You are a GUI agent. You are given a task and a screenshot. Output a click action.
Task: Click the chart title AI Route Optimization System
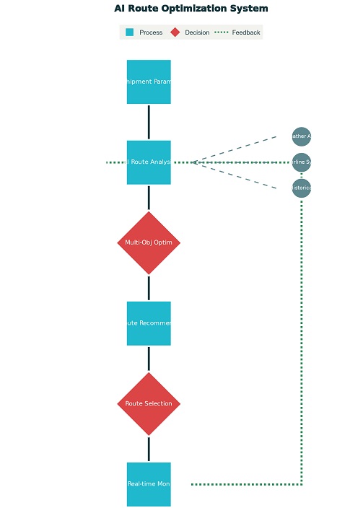click(191, 9)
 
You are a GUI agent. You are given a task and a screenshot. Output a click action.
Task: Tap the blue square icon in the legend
click(130, 32)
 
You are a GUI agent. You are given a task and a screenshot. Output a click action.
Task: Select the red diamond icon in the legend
click(175, 32)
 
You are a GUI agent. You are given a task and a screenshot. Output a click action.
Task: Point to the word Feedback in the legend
click(246, 32)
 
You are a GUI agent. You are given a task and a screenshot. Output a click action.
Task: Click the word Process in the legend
click(151, 32)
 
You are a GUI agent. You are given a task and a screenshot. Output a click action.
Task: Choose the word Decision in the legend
click(197, 32)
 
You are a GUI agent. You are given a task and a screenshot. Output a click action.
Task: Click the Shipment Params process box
click(149, 82)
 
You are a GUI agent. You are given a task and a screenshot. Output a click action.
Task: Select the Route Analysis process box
click(149, 162)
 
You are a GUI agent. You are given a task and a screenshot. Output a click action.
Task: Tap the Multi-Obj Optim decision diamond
click(149, 242)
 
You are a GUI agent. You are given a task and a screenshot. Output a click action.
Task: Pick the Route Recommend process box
click(149, 323)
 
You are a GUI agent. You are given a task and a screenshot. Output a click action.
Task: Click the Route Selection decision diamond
click(149, 403)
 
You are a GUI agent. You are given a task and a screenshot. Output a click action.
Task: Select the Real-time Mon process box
click(149, 484)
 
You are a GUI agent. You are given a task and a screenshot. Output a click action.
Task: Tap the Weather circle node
click(302, 136)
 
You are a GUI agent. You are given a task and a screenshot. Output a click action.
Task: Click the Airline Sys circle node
click(302, 162)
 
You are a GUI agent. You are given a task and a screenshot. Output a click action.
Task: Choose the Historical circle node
click(302, 188)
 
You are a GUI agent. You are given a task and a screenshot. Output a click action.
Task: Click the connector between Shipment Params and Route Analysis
click(149, 122)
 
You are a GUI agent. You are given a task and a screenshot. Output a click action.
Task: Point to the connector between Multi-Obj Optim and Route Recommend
click(149, 287)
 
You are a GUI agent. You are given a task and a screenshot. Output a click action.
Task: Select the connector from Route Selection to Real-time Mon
click(149, 449)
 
